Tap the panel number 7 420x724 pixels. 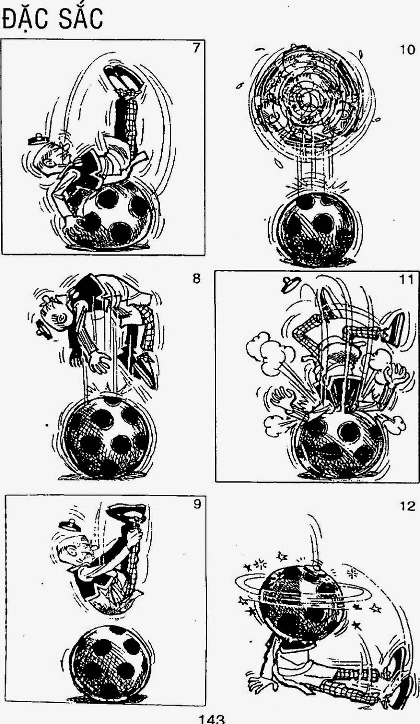[196, 48]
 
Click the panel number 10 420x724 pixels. [407, 50]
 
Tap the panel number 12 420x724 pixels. [408, 506]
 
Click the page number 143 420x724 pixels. [211, 719]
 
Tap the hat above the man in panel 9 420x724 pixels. [69, 524]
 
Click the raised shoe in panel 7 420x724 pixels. [123, 77]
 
